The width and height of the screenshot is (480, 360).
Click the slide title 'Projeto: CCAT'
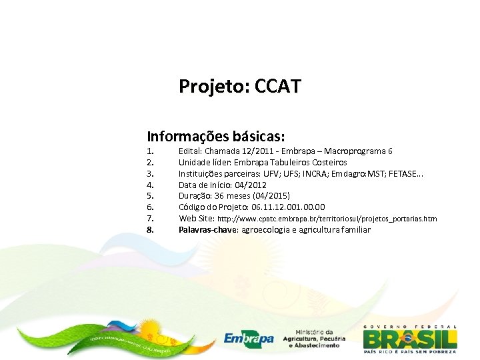[240, 86]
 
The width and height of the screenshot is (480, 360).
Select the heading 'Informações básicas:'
[216, 136]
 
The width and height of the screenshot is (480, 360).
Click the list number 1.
[150, 151]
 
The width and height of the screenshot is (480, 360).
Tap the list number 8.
[150, 229]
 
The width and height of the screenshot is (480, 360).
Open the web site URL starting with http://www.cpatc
[327, 219]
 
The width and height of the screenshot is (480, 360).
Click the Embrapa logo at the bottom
[249, 339]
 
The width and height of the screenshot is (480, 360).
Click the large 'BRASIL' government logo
[409, 337]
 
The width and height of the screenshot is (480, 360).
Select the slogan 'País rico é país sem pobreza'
[409, 351]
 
